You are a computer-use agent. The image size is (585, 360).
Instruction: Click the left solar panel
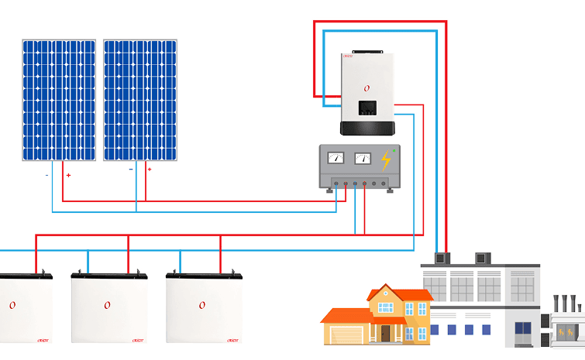pyautogui.click(x=59, y=100)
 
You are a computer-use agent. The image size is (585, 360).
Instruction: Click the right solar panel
pyautogui.click(x=140, y=100)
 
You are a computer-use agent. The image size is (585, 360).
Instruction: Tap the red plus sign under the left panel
pyautogui.click(x=68, y=176)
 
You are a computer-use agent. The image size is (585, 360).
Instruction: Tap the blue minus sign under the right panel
pyautogui.click(x=130, y=169)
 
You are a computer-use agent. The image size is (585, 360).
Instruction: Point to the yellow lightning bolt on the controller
pyautogui.click(x=385, y=160)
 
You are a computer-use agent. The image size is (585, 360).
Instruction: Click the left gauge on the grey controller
pyautogui.click(x=336, y=159)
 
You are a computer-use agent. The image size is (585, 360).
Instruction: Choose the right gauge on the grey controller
pyautogui.click(x=362, y=159)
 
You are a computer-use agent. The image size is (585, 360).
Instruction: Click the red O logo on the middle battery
pyautogui.click(x=107, y=306)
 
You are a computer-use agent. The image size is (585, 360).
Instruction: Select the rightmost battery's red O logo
pyautogui.click(x=201, y=306)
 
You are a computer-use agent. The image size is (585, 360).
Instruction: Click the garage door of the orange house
pyautogui.click(x=346, y=334)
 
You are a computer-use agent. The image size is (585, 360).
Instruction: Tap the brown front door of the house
pyautogui.click(x=385, y=333)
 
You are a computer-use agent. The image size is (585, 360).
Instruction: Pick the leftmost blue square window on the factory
pyautogui.click(x=434, y=330)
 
